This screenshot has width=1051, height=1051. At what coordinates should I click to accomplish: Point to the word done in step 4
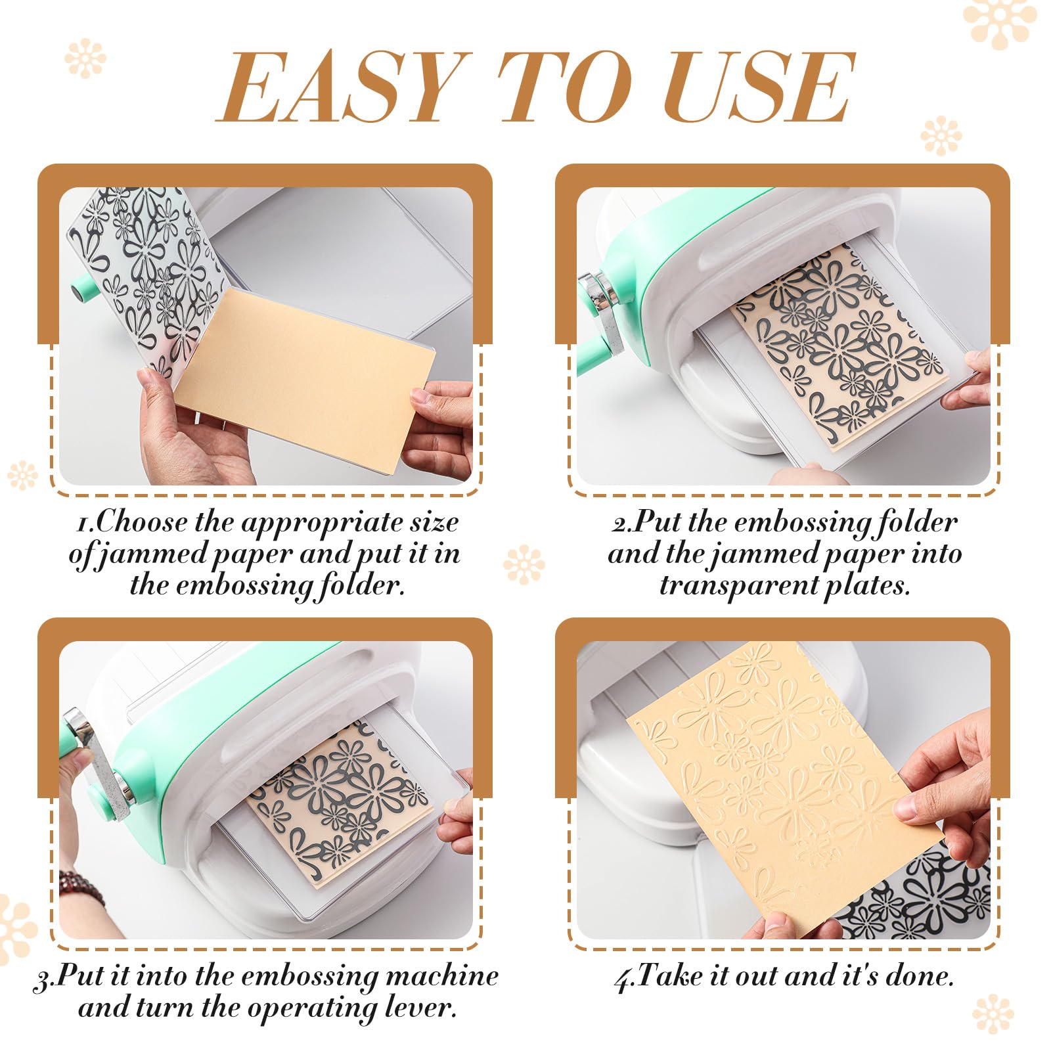point(920,975)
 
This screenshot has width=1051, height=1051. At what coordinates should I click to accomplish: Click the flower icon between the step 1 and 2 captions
point(524,564)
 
